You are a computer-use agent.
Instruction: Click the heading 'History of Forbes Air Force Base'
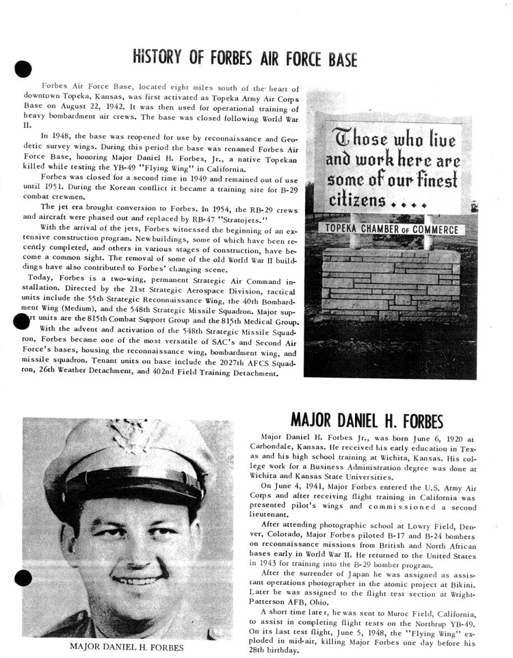(245, 59)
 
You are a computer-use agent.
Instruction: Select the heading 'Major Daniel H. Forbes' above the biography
(367, 419)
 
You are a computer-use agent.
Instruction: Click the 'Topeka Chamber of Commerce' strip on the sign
(392, 230)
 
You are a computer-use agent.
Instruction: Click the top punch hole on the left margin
(23, 69)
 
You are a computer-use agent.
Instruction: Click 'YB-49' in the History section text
(140, 167)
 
